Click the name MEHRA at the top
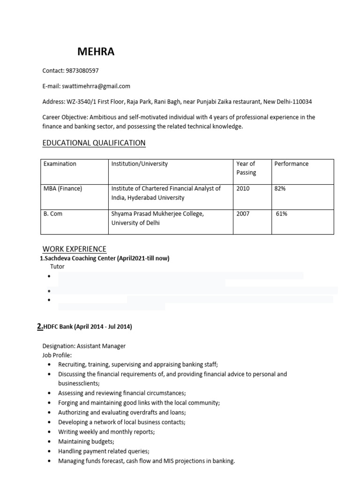[x=96, y=52]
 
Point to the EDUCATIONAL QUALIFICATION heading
[x=94, y=143]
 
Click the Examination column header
[x=60, y=164]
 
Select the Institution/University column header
[x=139, y=164]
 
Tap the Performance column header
[x=292, y=164]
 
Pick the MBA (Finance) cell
[x=63, y=189]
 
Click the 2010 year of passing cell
[x=243, y=189]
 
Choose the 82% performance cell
[x=280, y=189]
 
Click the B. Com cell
[x=53, y=214]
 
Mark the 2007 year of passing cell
[x=243, y=214]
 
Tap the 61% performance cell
[x=281, y=214]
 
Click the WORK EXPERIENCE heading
[x=75, y=249]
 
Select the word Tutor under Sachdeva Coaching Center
[x=57, y=267]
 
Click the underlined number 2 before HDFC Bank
[x=39, y=327]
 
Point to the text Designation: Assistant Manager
[x=84, y=346]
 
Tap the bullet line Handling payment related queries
[x=104, y=451]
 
